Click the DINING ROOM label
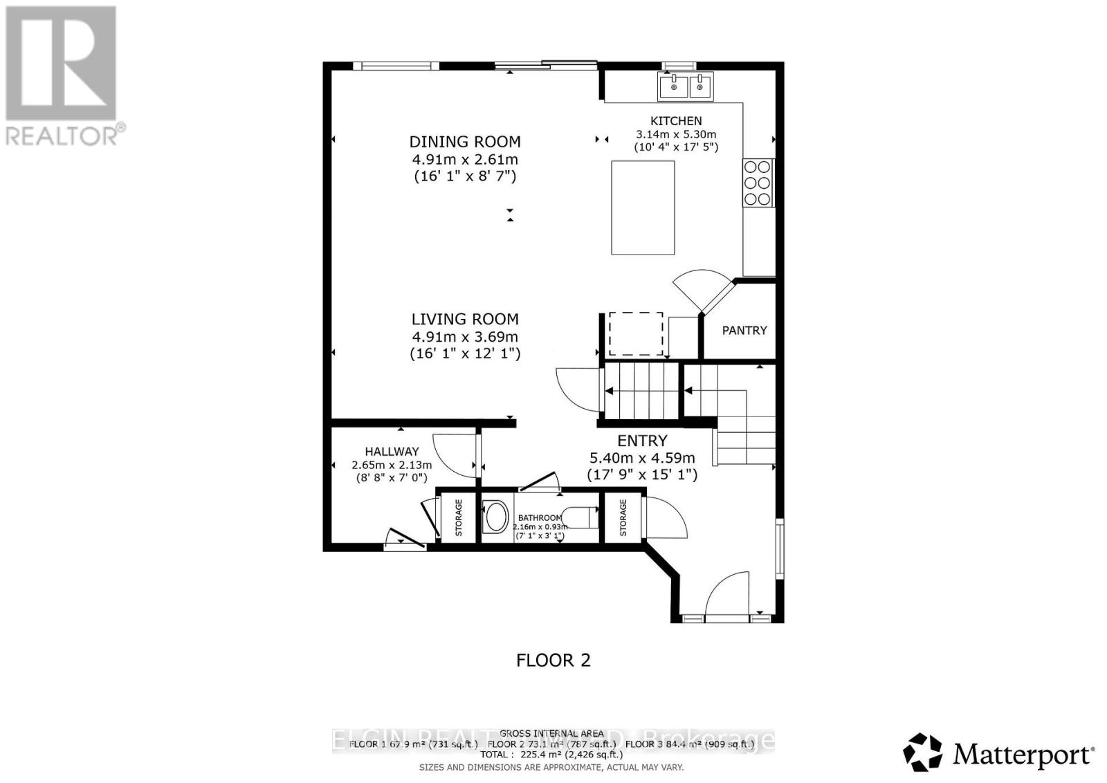point(464,142)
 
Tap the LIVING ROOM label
point(464,319)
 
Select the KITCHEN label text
point(676,120)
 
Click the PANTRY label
point(744,330)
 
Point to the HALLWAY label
point(392,451)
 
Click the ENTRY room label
point(642,441)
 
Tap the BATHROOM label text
point(540,517)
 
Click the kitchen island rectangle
point(643,208)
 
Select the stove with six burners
point(757,183)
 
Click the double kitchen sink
point(685,87)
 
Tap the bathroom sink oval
point(495,517)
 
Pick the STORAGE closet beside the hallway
point(458,517)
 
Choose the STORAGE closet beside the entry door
point(623,517)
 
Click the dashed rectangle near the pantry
point(635,333)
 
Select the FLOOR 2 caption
point(553,660)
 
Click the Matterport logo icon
point(923,752)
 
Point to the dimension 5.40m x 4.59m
point(641,458)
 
